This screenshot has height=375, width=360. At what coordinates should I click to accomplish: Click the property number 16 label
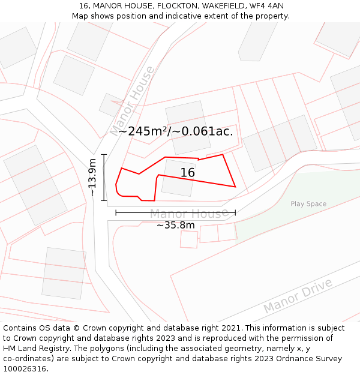point(188,173)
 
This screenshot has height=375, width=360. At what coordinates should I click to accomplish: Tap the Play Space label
point(308,204)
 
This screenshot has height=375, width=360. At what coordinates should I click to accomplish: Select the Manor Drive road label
point(298,296)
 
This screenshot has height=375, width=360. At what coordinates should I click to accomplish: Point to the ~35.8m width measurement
point(176,225)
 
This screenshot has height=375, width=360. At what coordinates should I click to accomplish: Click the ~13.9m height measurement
point(92,177)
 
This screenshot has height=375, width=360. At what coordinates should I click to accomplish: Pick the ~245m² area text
point(144,131)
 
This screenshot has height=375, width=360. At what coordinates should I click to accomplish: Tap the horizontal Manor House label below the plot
point(188,214)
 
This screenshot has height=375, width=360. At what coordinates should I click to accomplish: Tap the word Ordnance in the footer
point(283,359)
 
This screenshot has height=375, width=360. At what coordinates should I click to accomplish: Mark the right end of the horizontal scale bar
point(235,212)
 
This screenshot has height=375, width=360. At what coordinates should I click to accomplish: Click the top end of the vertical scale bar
point(104,154)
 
